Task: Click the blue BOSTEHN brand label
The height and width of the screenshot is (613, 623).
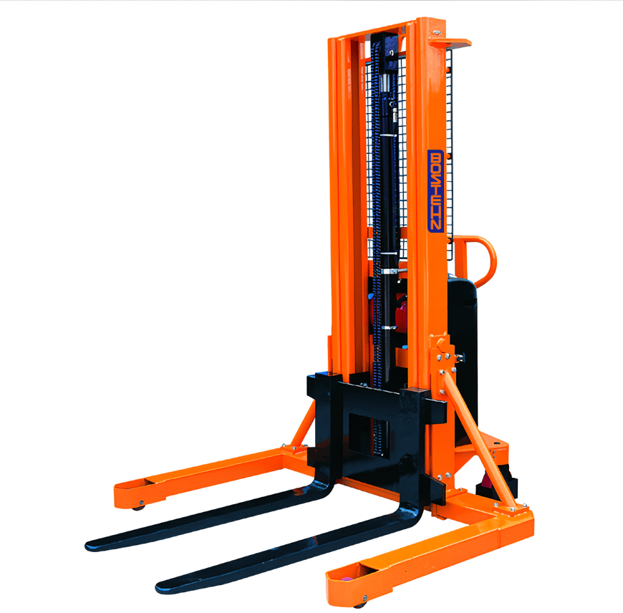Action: click(435, 190)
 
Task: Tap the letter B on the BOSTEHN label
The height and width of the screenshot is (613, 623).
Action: click(436, 157)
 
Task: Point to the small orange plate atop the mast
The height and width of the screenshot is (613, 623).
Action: click(450, 43)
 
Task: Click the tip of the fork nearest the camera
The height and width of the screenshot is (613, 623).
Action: click(159, 587)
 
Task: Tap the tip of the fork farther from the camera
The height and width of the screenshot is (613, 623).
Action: click(89, 546)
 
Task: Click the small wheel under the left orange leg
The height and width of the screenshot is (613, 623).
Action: click(138, 507)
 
